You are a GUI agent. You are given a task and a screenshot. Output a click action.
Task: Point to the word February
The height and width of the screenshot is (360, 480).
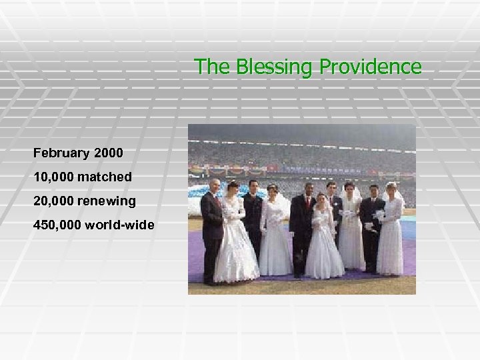(62, 153)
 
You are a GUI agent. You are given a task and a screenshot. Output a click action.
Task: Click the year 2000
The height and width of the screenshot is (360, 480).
(109, 153)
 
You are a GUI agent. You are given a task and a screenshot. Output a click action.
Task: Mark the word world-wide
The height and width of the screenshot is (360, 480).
(120, 225)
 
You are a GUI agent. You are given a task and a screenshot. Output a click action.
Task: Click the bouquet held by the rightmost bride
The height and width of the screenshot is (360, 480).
(379, 217)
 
